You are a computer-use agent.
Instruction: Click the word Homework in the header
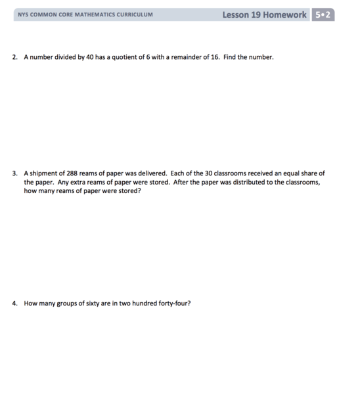point(285,14)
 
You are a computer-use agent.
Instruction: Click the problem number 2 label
point(14,57)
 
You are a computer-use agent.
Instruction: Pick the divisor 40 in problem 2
point(91,57)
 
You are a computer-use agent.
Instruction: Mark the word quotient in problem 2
point(124,57)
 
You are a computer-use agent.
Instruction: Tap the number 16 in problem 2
point(214,57)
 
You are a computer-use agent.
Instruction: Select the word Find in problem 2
point(230,57)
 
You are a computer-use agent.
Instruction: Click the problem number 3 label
point(14,174)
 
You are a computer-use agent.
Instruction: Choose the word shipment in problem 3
point(43,174)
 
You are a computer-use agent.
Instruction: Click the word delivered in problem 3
point(151,174)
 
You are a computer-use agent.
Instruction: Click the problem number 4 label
point(14,304)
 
